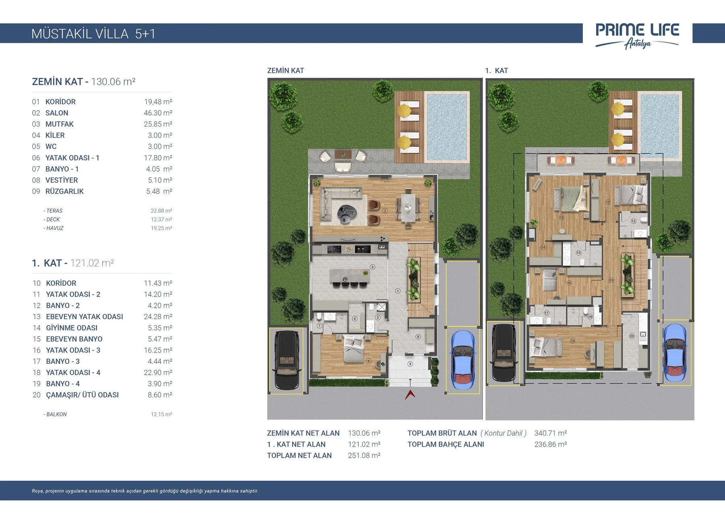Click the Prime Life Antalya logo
coord(637,35)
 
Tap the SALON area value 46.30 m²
coord(158,113)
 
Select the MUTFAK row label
coord(60,124)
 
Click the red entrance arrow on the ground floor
coord(410,394)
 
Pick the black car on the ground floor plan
coord(286,360)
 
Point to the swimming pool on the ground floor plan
coord(447,127)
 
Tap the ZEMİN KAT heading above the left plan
coord(286,71)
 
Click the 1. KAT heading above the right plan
coord(497,71)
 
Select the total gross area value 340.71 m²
coord(551,433)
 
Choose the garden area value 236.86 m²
coord(551,444)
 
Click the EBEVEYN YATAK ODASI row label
coord(85,317)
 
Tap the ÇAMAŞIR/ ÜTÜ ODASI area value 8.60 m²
coord(160,395)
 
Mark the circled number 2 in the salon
coord(385,211)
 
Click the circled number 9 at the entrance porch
coord(410,364)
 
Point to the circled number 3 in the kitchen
coord(373,267)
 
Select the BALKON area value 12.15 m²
coord(162,414)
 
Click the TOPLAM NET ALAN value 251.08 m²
coord(364,455)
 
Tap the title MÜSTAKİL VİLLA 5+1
coord(93,34)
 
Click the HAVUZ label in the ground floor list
coord(55,228)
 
